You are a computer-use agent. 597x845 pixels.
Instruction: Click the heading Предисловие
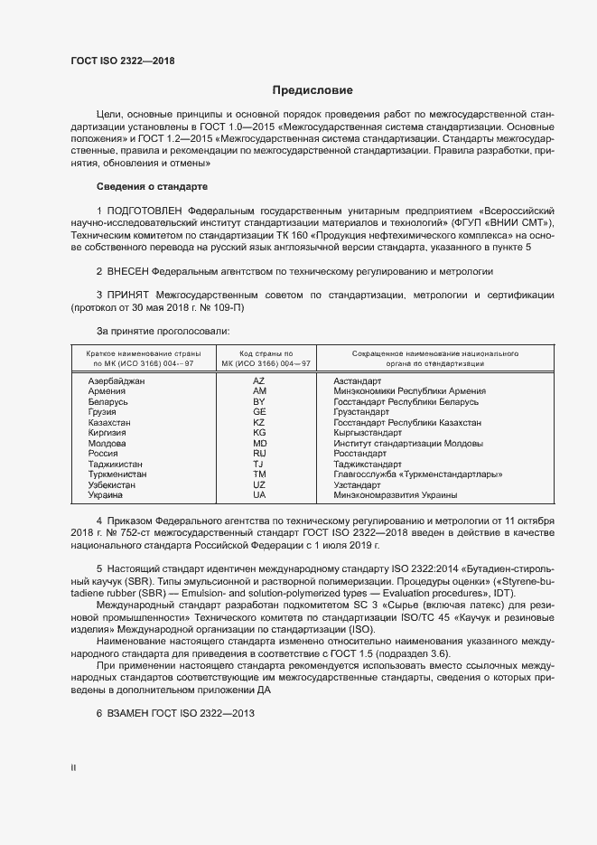tap(312, 90)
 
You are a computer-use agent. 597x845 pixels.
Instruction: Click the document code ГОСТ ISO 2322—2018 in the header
tap(123, 61)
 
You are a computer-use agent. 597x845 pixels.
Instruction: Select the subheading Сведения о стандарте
tap(152, 186)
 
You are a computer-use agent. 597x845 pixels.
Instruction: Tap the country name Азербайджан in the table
tap(117, 381)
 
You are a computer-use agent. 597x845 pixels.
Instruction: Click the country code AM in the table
tap(259, 391)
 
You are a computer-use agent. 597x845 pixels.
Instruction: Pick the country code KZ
tap(259, 422)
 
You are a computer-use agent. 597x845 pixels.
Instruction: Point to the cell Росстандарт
tap(360, 454)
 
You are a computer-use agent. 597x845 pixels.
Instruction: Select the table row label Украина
tap(107, 495)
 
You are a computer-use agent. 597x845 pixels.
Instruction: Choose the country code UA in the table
tap(259, 495)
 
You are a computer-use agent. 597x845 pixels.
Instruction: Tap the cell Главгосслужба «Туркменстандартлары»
tap(417, 474)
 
